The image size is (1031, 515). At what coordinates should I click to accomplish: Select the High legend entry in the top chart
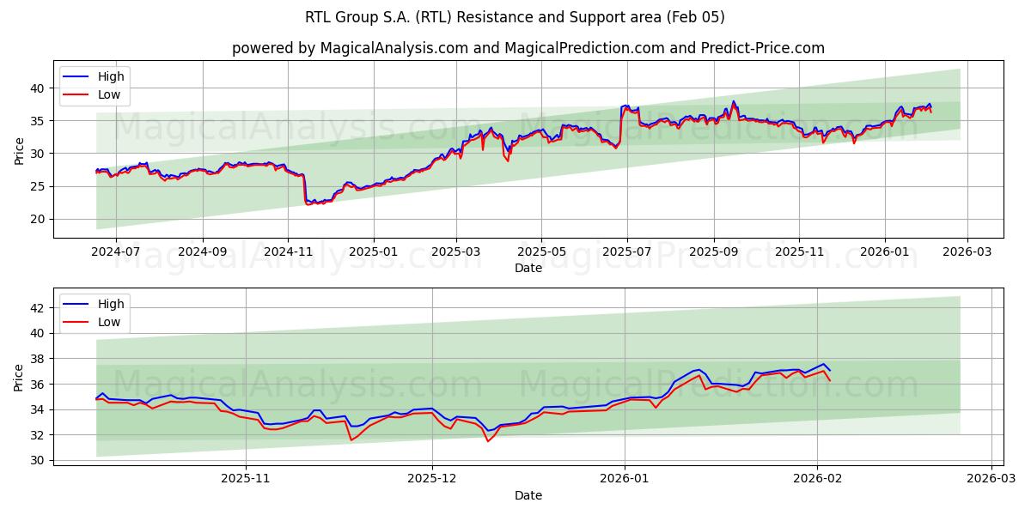[x=111, y=76]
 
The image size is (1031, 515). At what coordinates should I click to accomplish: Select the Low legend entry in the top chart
[x=109, y=94]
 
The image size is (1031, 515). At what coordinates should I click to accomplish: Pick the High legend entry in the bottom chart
[x=111, y=304]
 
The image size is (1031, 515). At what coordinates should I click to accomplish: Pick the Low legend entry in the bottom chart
[x=109, y=322]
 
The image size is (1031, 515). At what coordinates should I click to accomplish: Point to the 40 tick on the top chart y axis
[x=38, y=88]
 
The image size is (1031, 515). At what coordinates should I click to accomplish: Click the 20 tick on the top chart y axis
[x=38, y=219]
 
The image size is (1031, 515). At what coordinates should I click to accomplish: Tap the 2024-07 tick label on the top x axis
[x=115, y=252]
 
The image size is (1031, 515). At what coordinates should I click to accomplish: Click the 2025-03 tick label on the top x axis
[x=456, y=252]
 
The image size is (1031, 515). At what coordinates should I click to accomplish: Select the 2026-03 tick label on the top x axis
[x=967, y=252]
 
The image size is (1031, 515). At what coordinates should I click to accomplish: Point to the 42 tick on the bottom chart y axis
[x=38, y=307]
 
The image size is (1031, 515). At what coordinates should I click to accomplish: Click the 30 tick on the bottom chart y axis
[x=38, y=460]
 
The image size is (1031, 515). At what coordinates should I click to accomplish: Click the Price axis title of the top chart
[x=19, y=149]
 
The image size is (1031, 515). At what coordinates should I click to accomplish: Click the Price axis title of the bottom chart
[x=19, y=377]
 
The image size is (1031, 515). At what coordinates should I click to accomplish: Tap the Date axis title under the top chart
[x=528, y=268]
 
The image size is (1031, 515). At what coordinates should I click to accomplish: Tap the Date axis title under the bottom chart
[x=528, y=495]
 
